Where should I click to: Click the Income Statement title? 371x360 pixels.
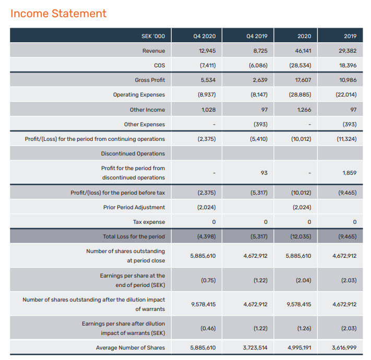point(58,14)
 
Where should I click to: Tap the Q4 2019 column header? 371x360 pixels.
point(256,36)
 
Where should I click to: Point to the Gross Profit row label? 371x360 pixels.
point(150,80)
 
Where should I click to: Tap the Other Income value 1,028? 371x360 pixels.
point(208,110)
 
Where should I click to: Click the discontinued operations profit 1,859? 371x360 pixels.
point(350,173)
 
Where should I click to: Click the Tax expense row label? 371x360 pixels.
point(149,222)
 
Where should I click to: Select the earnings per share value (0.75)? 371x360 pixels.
point(208,280)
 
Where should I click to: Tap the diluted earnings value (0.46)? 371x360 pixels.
point(208,329)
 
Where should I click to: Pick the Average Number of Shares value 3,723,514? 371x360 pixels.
point(256,347)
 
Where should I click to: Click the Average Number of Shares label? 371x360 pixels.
point(130,347)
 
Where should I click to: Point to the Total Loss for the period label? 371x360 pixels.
point(134,236)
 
